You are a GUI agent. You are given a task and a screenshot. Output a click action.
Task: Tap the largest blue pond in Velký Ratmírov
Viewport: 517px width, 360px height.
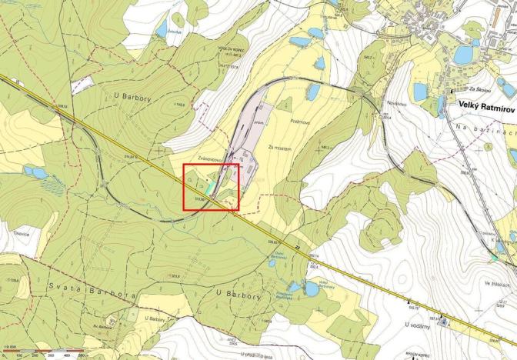point(464,55)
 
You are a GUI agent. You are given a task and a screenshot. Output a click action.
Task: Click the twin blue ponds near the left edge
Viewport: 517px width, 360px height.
point(35,172)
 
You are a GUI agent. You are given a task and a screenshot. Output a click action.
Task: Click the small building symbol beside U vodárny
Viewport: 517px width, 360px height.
point(442,323)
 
